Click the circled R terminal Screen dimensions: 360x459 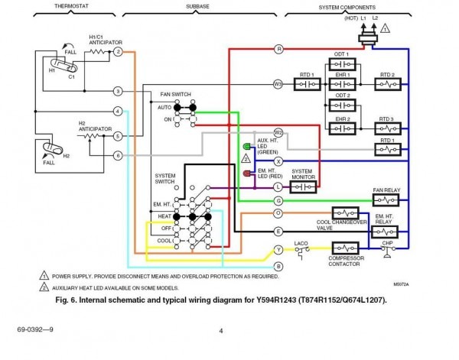click(x=278, y=49)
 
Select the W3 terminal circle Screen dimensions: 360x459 click(x=278, y=83)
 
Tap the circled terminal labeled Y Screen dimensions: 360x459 click(x=278, y=249)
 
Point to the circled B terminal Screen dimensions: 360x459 click(x=278, y=265)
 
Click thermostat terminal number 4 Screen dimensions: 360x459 click(x=118, y=112)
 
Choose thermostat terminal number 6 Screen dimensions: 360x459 click(x=118, y=156)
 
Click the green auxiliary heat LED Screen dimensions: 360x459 click(x=246, y=147)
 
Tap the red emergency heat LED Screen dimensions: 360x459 click(x=246, y=174)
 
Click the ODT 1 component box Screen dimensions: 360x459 click(x=342, y=63)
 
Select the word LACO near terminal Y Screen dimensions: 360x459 click(x=300, y=242)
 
